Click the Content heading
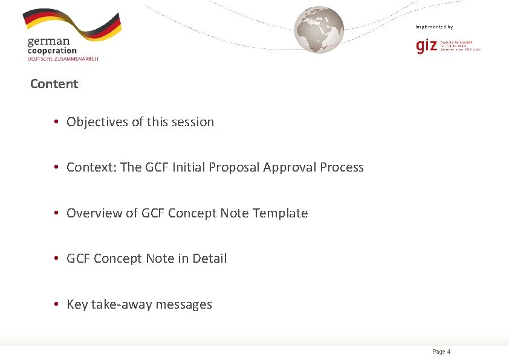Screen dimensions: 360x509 54,84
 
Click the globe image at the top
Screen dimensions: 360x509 319,30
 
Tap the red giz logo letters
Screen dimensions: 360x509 427,46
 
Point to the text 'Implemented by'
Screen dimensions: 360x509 433,27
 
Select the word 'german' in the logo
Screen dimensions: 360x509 48,42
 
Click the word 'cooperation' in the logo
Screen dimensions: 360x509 52,51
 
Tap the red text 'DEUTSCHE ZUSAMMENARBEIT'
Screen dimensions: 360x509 63,59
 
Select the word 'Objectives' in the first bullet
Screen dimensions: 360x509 97,122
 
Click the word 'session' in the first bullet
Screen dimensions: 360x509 193,122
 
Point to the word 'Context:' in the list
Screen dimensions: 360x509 91,167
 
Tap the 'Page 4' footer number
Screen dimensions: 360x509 441,352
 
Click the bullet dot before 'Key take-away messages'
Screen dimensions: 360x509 55,304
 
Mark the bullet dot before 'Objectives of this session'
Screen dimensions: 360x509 55,122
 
